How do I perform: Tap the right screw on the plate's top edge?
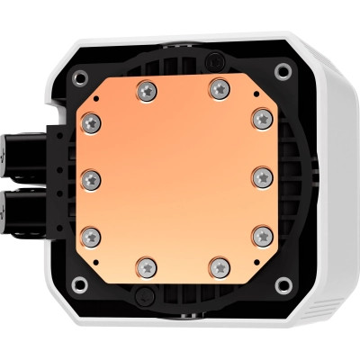218,88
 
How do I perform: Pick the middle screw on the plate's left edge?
90,175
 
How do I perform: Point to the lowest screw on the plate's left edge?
90,234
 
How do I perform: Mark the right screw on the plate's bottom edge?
219,264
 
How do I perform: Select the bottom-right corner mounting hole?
286,284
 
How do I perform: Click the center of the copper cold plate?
176,175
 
